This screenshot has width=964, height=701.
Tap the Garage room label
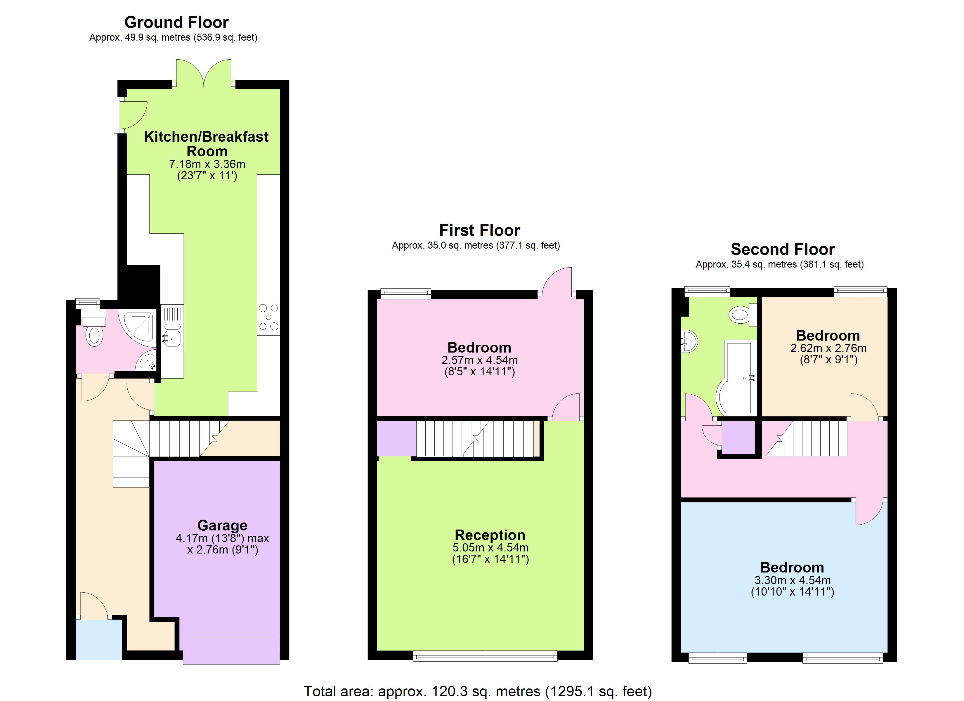[x=222, y=525]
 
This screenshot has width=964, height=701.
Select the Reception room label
[x=490, y=535]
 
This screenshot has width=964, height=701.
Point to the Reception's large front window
[x=485, y=656]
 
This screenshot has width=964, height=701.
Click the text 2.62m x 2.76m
[x=828, y=348]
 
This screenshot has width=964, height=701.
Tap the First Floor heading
[x=479, y=230]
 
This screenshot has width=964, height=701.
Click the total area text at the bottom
[x=477, y=691]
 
